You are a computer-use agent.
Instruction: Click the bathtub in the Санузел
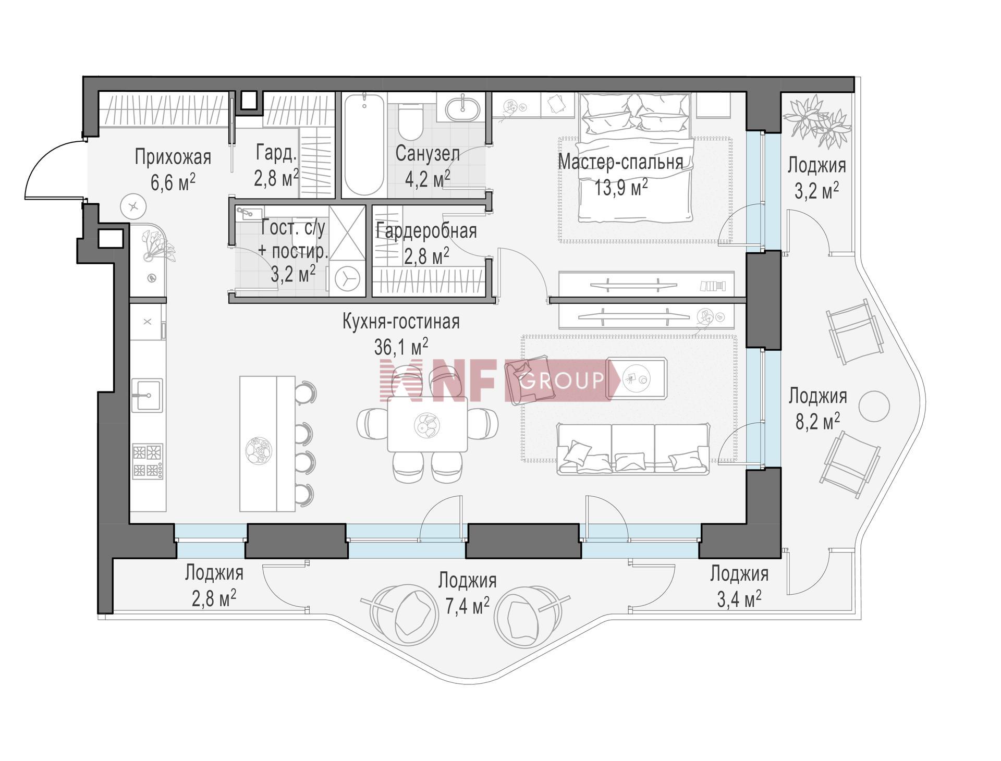pyautogui.click(x=364, y=144)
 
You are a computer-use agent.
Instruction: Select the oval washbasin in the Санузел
pyautogui.click(x=463, y=108)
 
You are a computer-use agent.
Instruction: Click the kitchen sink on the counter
pyautogui.click(x=147, y=396)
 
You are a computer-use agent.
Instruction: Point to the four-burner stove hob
pyautogui.click(x=148, y=461)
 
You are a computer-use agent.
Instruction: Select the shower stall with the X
pyautogui.click(x=347, y=232)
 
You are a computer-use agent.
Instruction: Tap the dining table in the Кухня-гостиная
pyautogui.click(x=428, y=424)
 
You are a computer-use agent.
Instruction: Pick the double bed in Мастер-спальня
pyautogui.click(x=636, y=157)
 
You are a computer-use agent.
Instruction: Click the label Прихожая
pyautogui.click(x=173, y=157)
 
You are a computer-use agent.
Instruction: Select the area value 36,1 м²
pyautogui.click(x=401, y=346)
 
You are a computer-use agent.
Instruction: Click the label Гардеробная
pyautogui.click(x=426, y=230)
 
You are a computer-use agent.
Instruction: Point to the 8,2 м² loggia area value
pyautogui.click(x=817, y=420)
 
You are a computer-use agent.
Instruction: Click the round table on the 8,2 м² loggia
pyautogui.click(x=874, y=406)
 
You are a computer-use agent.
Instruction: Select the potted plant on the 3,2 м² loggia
pyautogui.click(x=817, y=122)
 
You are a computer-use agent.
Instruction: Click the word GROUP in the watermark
pyautogui.click(x=562, y=380)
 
